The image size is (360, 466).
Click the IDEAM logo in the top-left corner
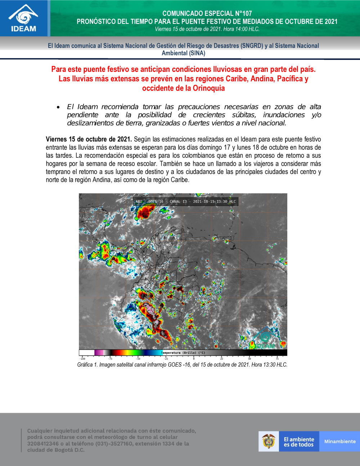coord(24,18)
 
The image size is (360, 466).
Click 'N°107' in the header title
coord(242,14)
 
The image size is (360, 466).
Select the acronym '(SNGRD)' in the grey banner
coord(251,46)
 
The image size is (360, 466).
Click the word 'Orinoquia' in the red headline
coord(208,88)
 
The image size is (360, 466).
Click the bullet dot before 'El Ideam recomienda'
coord(58,107)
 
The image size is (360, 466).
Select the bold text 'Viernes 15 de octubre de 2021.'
coord(89,139)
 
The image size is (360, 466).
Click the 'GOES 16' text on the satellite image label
coord(156,202)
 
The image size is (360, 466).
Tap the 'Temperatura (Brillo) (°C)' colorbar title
coord(184,353)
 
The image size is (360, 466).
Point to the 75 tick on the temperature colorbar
coord(277,359)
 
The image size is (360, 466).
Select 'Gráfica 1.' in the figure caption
coord(87,365)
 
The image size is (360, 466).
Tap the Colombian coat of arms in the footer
coord(269,441)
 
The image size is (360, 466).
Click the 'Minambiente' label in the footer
coord(340,442)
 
